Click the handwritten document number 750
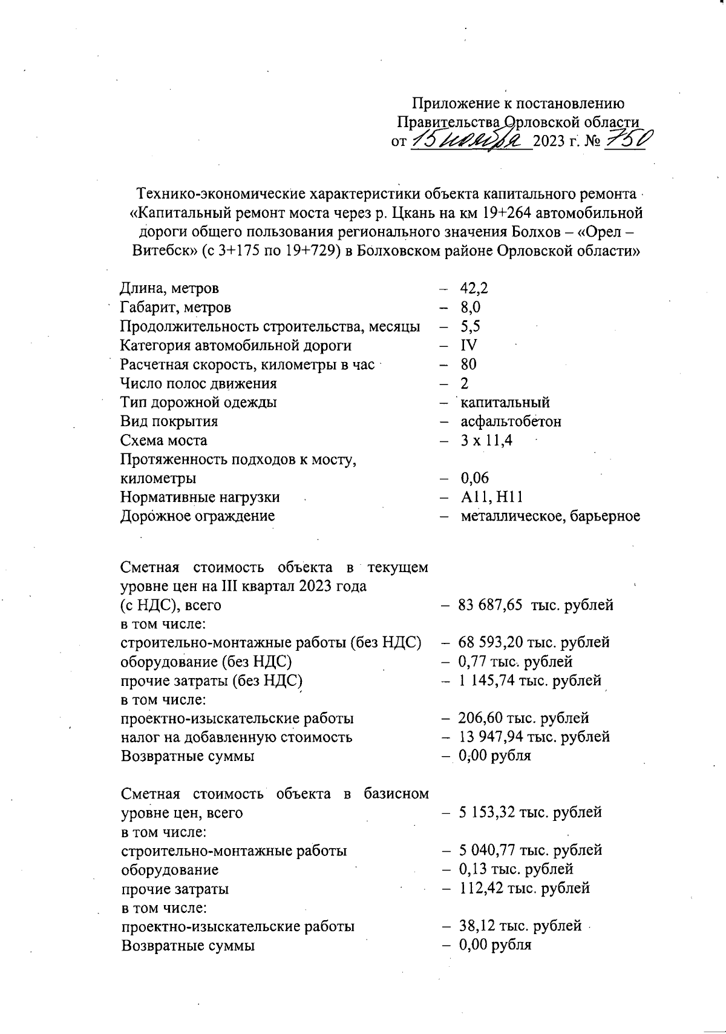point(624,140)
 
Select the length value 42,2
point(474,288)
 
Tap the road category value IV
point(469,346)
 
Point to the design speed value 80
point(468,364)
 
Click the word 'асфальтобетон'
point(511,421)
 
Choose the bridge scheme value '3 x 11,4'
point(486,441)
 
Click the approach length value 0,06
point(475,479)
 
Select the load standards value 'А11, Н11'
point(491,498)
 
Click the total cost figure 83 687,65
point(491,605)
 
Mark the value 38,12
point(477,926)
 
